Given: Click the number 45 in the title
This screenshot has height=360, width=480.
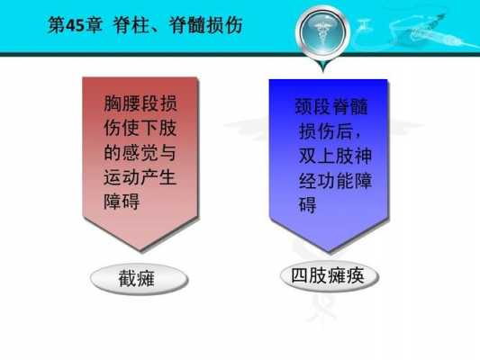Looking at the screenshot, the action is pos(75,25).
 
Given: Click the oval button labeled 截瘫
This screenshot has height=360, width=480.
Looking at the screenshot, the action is pos(140,279).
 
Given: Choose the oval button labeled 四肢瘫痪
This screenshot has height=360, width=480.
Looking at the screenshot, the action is pos(330,276).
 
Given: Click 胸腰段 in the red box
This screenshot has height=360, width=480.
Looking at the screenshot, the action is pos(131,103).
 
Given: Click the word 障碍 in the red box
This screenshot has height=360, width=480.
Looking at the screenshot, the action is pos(122,202).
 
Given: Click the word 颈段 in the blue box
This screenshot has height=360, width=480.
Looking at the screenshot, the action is pos(313,106).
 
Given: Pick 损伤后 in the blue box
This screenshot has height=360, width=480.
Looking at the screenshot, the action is pos(326,130).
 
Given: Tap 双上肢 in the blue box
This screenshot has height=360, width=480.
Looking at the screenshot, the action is pos(326,156).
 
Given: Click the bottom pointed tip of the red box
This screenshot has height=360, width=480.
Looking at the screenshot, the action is pos(141,250).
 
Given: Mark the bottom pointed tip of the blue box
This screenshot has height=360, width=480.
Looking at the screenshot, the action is pos(329,251).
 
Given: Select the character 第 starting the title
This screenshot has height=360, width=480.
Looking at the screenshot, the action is pos(57,25).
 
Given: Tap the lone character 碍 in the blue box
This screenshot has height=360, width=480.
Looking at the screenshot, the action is pos(307,204).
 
